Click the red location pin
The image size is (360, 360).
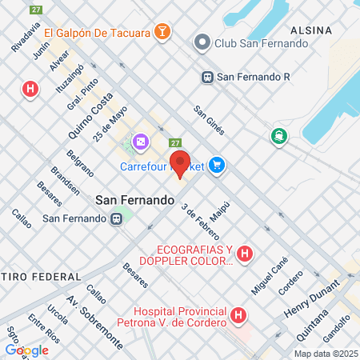point(180,163)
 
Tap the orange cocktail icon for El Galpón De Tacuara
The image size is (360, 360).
point(162,32)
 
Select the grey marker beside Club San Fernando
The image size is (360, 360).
point(202,42)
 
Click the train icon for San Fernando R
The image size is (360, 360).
point(207,78)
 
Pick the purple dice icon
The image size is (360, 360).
point(140,142)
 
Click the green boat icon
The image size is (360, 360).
point(279,136)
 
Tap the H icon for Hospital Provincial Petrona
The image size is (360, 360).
point(238,316)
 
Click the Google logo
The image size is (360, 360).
point(26,350)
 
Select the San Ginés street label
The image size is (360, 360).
point(210,119)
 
